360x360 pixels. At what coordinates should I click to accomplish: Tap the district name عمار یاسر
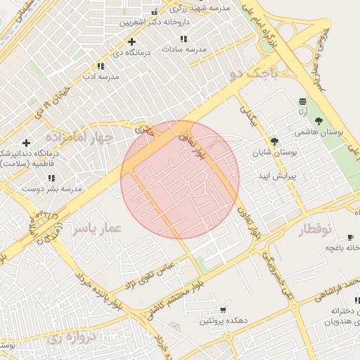click(x=98, y=228)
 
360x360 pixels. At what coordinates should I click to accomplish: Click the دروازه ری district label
click(x=71, y=338)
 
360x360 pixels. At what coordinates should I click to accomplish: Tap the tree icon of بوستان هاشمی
click(x=319, y=120)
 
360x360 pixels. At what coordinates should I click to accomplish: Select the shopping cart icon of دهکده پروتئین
click(x=223, y=309)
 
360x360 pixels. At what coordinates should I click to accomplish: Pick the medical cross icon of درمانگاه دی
click(x=131, y=41)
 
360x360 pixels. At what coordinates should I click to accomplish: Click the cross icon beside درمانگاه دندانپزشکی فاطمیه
click(x=26, y=143)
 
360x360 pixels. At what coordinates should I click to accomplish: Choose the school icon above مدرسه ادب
click(x=101, y=66)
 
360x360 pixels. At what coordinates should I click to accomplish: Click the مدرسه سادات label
click(x=184, y=49)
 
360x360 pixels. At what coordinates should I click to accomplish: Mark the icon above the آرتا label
click(x=302, y=101)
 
